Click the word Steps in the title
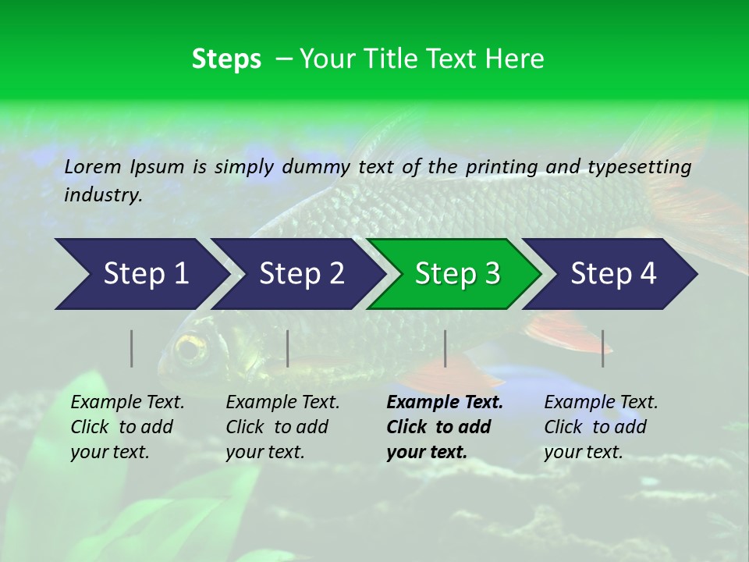point(226,59)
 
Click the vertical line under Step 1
point(132,348)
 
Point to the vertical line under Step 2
point(288,348)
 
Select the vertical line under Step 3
point(445,348)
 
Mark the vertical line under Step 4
point(602,348)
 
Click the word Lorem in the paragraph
point(93,166)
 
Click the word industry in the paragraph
point(102,195)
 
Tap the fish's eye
point(190,349)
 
